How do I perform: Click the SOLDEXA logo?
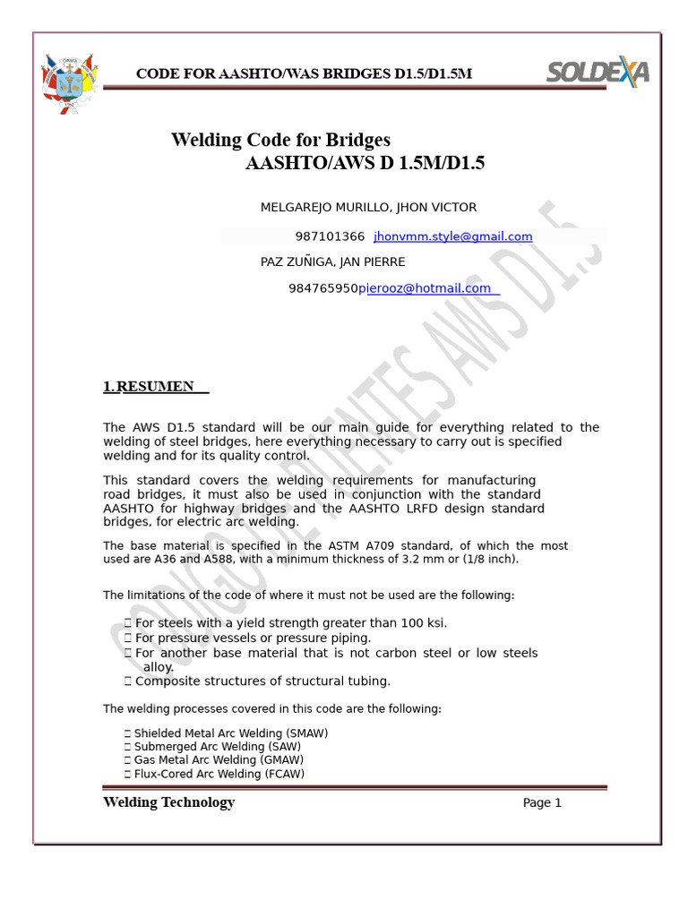click(x=598, y=73)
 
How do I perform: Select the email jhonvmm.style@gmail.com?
click(x=452, y=236)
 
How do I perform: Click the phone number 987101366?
click(x=330, y=236)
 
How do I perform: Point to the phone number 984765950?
click(x=322, y=288)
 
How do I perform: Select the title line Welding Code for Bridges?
click(x=280, y=141)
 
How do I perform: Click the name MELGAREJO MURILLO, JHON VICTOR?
click(x=368, y=207)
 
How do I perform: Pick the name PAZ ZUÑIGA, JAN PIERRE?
click(x=332, y=261)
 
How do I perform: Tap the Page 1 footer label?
click(x=542, y=803)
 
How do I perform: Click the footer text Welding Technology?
click(x=168, y=802)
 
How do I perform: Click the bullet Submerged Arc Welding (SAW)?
click(x=217, y=747)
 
